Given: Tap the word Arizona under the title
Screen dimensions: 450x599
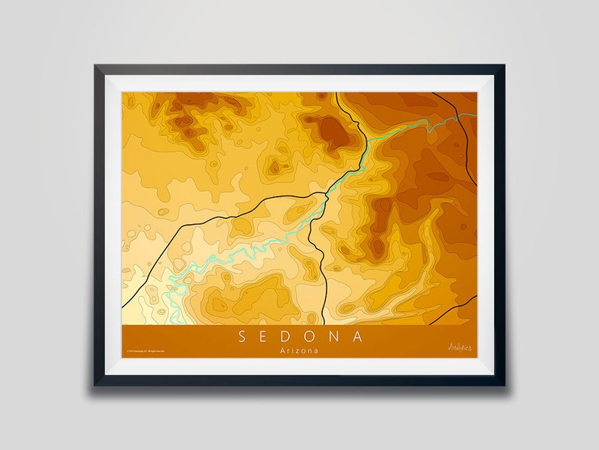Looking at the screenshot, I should coord(299,351).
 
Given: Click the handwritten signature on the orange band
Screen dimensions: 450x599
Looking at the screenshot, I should coord(459,347).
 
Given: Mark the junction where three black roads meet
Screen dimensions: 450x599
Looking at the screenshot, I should coord(326,194).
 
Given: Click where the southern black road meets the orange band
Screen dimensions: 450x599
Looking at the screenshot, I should coord(324,324).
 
